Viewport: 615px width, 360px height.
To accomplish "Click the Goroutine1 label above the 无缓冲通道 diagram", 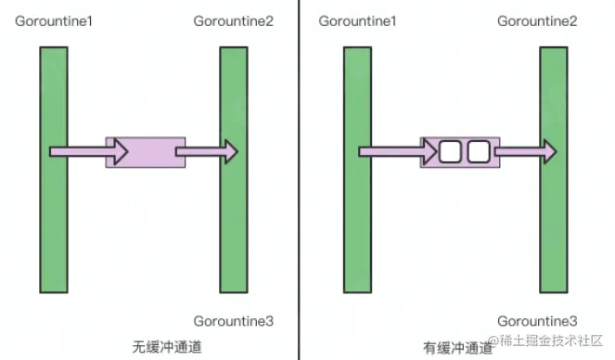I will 54,20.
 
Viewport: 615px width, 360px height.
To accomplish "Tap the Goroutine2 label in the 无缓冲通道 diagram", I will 233,20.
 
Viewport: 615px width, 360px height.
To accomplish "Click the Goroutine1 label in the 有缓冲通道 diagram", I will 357,20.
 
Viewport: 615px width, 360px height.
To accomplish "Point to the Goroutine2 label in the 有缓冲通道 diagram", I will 536,20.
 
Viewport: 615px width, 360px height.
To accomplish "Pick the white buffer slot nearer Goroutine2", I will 478,151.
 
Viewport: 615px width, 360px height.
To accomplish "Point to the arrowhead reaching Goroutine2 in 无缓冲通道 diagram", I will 229,151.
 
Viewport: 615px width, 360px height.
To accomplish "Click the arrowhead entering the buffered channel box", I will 429,151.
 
